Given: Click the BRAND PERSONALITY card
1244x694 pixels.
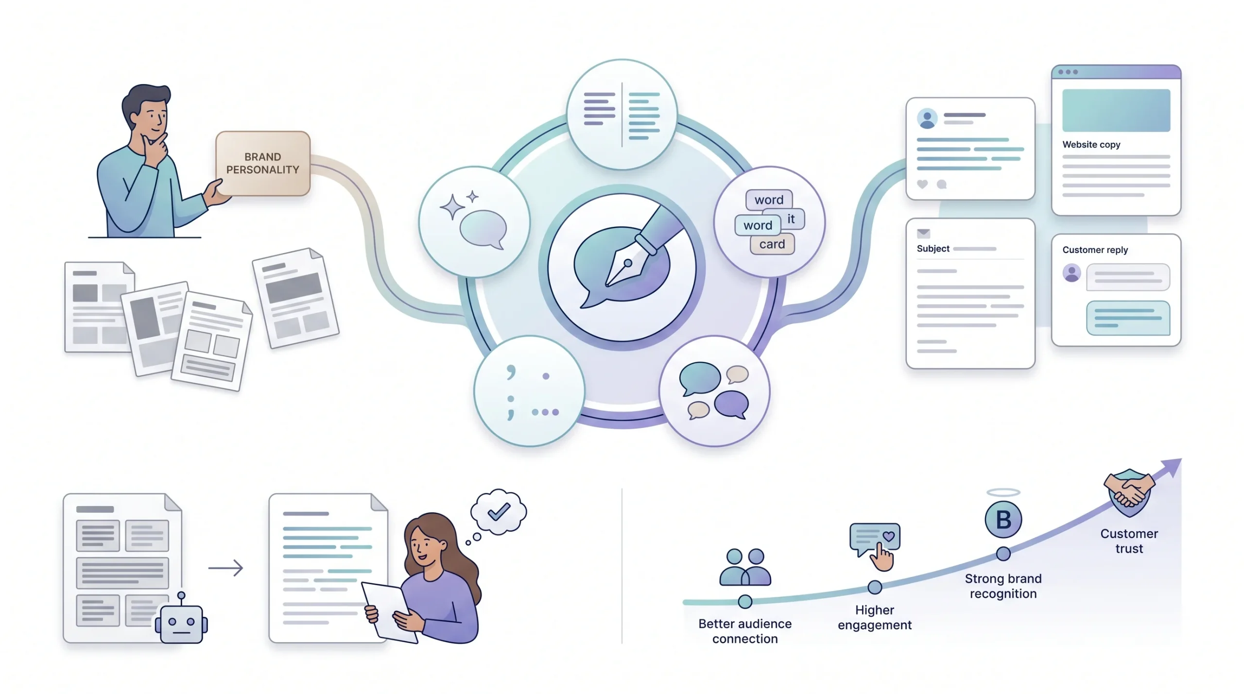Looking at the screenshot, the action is coord(263,163).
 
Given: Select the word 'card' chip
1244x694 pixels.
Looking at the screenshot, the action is coord(772,244).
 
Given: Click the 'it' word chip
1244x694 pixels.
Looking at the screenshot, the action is coord(791,219).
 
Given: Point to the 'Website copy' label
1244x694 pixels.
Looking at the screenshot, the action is coord(1091,145).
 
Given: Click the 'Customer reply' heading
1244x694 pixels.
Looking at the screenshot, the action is coord(1095,250).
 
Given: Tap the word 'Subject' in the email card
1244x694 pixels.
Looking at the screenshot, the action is coord(933,249).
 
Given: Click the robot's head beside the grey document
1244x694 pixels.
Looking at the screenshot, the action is coord(181,623).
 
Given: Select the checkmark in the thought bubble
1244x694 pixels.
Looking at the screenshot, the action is coord(499,511).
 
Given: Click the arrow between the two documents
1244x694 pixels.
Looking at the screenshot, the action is coord(225,568).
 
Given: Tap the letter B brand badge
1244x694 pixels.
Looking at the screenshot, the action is coord(1003,520).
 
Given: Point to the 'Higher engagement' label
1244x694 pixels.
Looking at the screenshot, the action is coord(875,617).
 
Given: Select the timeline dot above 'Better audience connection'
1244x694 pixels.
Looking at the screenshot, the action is coord(745,602).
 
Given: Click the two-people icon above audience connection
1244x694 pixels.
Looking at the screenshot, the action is coord(745,567).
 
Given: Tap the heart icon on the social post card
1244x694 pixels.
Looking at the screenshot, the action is coord(922,184).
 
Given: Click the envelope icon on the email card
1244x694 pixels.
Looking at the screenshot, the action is coord(923,233).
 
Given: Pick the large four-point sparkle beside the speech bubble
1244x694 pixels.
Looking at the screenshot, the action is coord(452,207).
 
